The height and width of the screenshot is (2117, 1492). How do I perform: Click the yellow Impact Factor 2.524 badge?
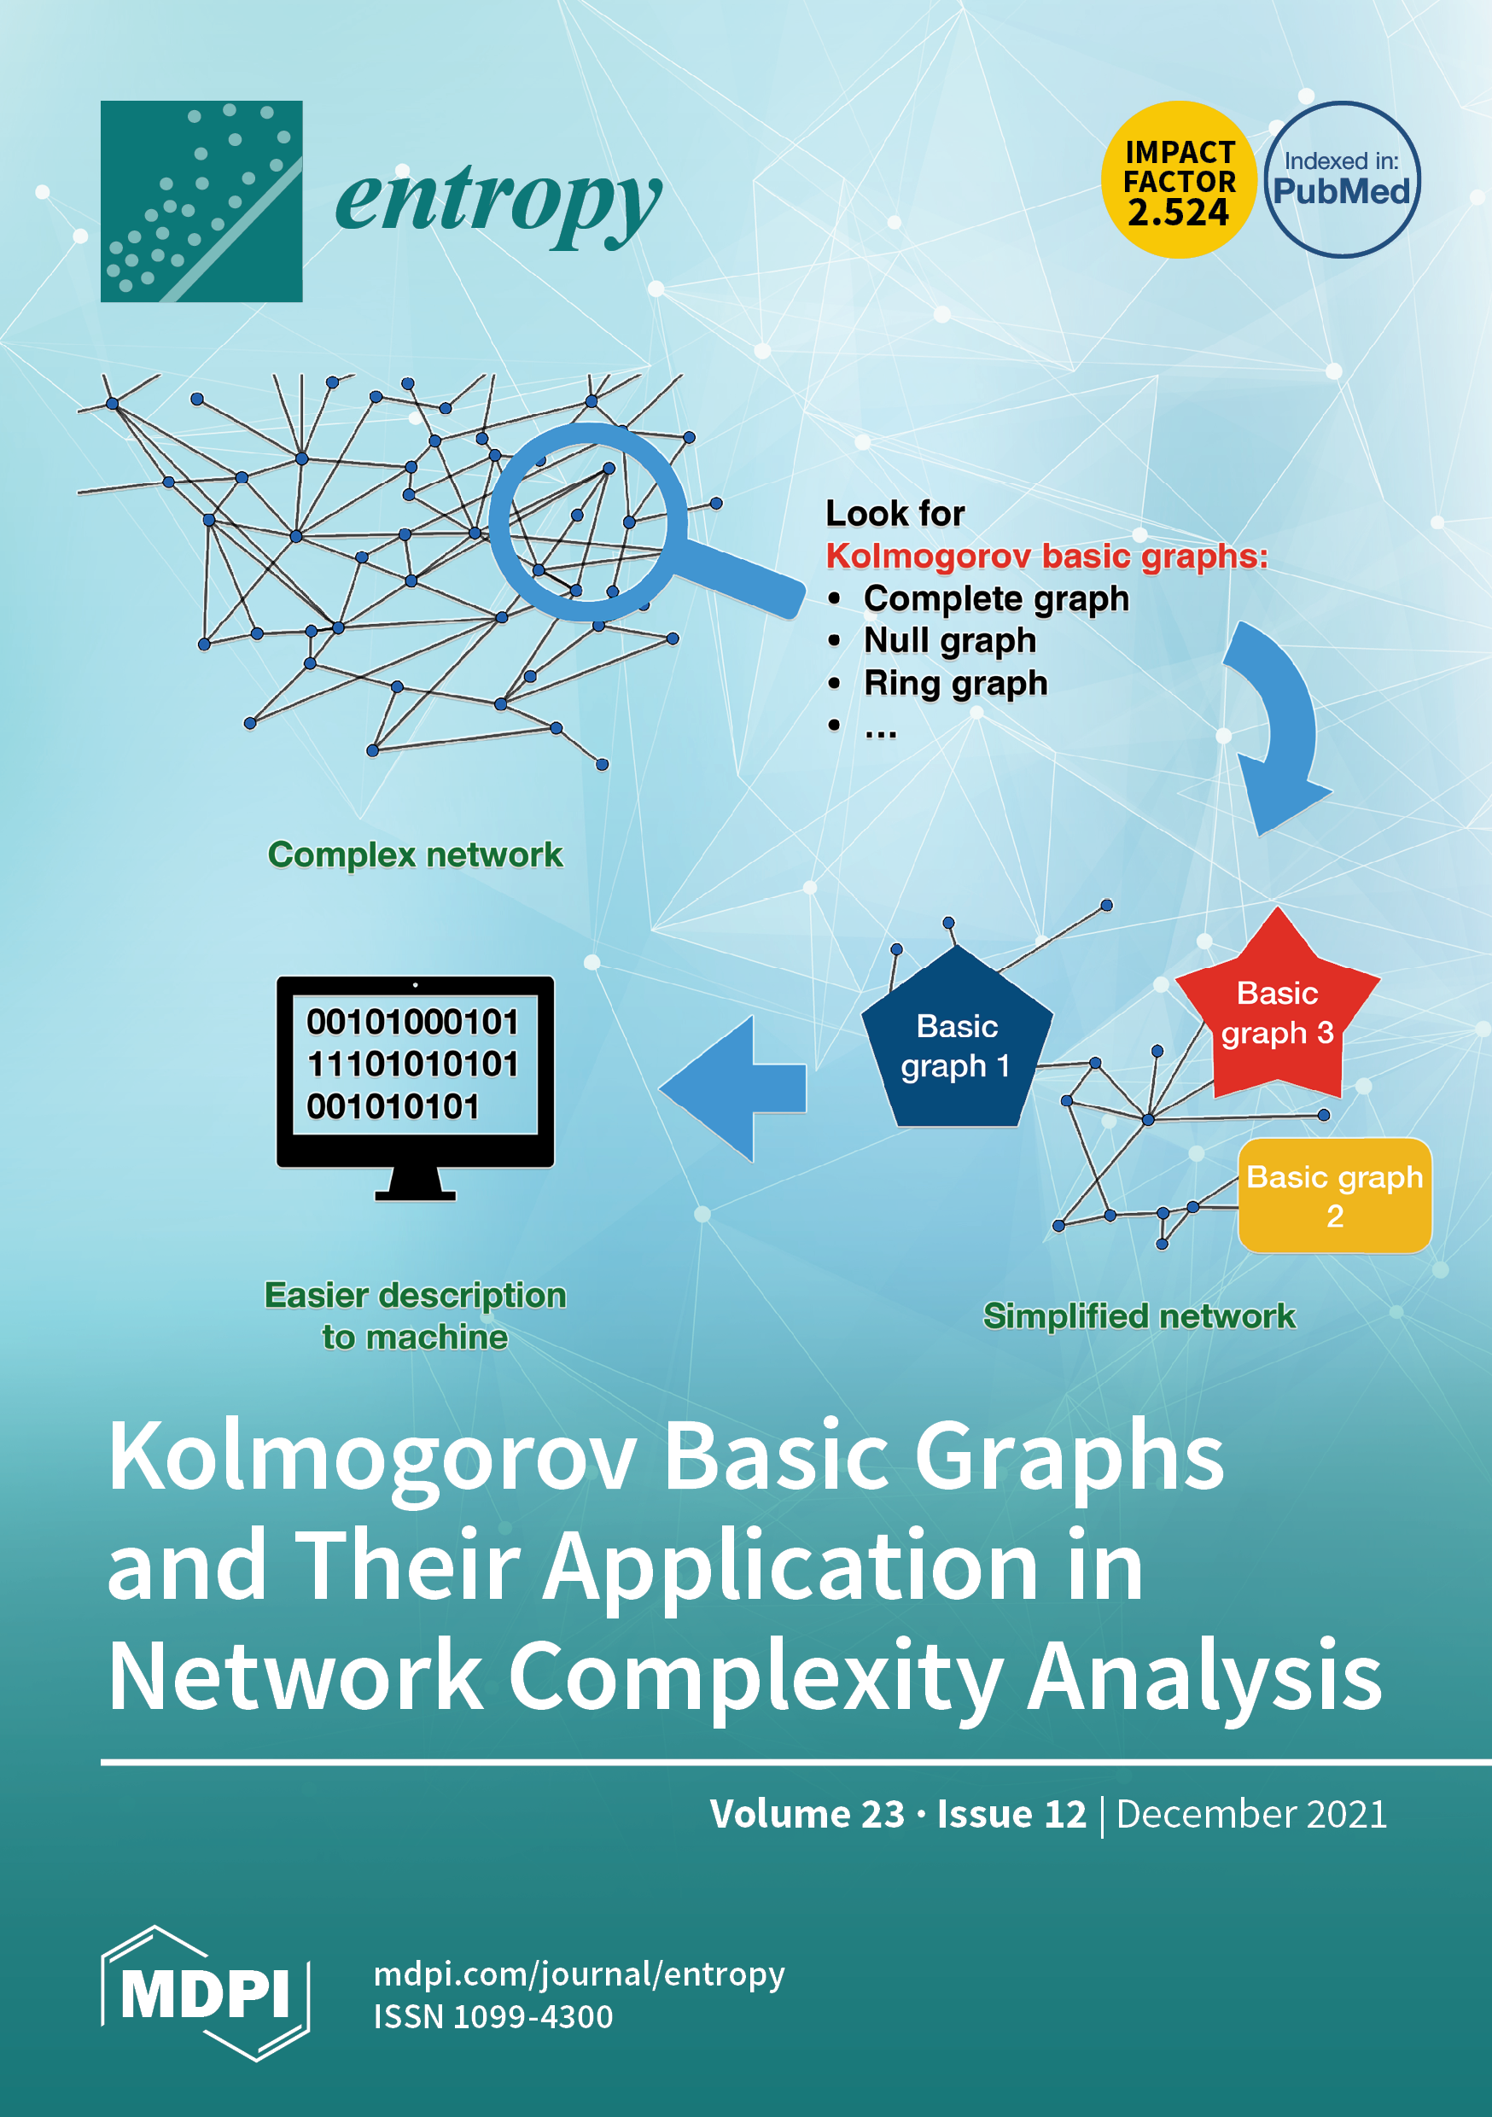1179,180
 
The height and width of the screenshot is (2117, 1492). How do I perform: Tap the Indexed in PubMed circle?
1342,180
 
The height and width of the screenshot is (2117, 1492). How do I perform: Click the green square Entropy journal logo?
201,201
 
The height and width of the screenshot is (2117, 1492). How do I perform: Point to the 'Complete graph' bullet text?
995,598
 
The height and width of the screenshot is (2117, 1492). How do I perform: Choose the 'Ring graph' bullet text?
955,683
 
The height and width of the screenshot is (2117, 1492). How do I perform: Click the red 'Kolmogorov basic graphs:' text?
1046,556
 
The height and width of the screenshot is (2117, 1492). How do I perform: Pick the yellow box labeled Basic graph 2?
1334,1196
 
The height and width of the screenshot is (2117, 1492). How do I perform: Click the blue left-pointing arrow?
733,1088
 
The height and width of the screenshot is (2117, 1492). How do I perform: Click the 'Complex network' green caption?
415,854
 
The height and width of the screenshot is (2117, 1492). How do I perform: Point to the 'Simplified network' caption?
1139,1315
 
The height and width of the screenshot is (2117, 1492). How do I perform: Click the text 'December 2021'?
1251,1814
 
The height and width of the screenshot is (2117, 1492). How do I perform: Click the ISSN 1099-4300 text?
493,2016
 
